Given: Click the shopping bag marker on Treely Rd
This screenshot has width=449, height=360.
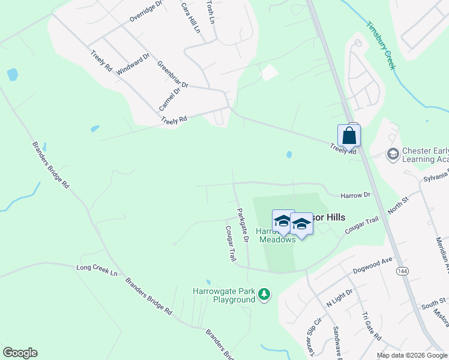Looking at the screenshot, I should point(349,136).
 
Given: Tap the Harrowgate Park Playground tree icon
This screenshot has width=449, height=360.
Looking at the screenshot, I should point(264,295).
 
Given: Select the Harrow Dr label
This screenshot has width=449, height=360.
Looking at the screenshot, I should point(356,195).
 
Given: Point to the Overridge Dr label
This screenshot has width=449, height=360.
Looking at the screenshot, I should point(146,11).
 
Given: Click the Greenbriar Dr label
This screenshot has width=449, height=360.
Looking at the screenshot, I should point(173,74).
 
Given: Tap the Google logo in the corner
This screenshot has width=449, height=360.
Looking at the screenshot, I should point(20,353).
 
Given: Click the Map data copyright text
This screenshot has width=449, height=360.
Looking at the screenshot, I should point(412,355).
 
